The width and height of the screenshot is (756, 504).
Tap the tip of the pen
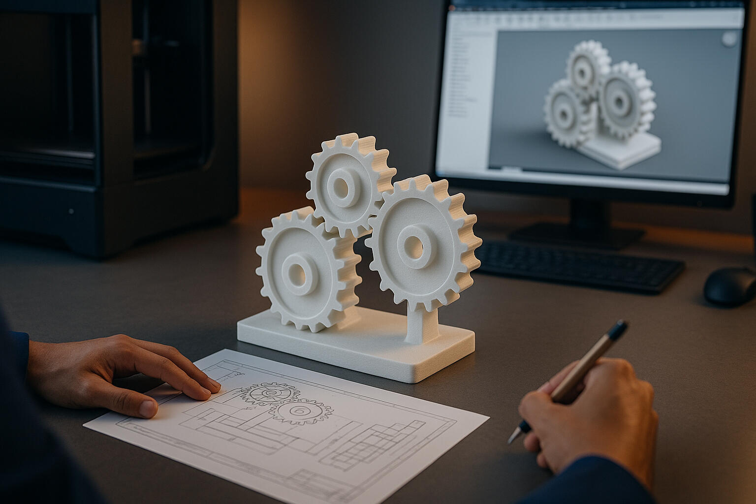(512, 439)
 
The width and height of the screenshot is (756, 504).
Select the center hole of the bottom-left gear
(298, 271)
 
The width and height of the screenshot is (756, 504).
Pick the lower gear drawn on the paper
(299, 411)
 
